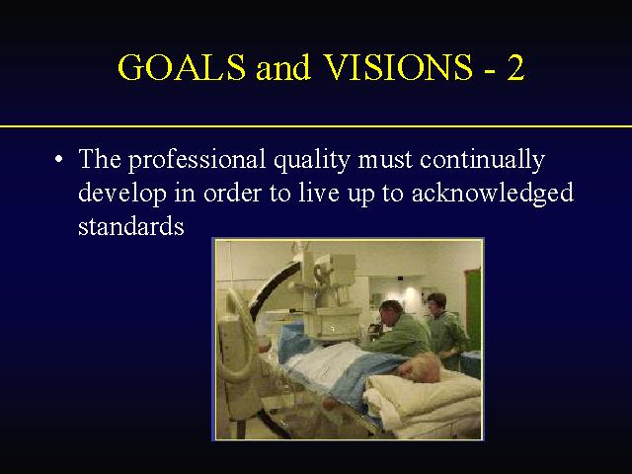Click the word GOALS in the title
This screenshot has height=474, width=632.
[x=182, y=66]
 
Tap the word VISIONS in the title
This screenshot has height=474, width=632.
[x=398, y=66]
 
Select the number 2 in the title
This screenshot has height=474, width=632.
[x=515, y=66]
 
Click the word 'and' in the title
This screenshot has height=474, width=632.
[x=283, y=67]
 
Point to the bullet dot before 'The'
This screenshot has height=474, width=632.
[x=59, y=158]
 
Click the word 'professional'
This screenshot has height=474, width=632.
[x=197, y=160]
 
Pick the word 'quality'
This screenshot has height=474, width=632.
[x=312, y=161]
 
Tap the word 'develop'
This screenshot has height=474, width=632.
[x=122, y=194]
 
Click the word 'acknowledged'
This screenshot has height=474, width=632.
[x=492, y=194]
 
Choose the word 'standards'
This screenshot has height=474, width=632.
[x=131, y=225]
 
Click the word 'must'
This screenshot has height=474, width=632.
[x=385, y=160]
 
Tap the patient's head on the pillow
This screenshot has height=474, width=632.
[x=421, y=366]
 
